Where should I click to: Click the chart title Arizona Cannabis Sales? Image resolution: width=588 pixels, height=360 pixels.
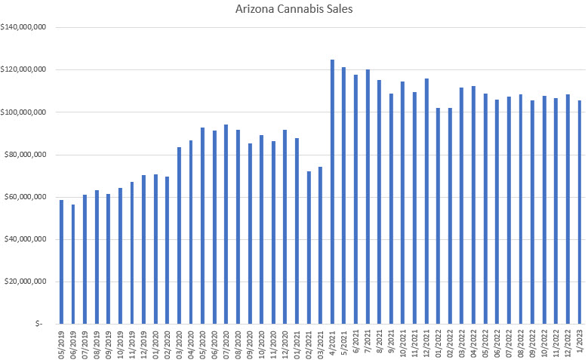pyautogui.click(x=294, y=10)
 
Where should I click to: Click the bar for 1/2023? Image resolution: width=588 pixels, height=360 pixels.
pyautogui.click(x=580, y=212)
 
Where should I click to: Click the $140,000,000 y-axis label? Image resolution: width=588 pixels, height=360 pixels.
pyautogui.click(x=26, y=27)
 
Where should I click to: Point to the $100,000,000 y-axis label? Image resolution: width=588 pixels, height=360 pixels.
pyautogui.click(x=26, y=112)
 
